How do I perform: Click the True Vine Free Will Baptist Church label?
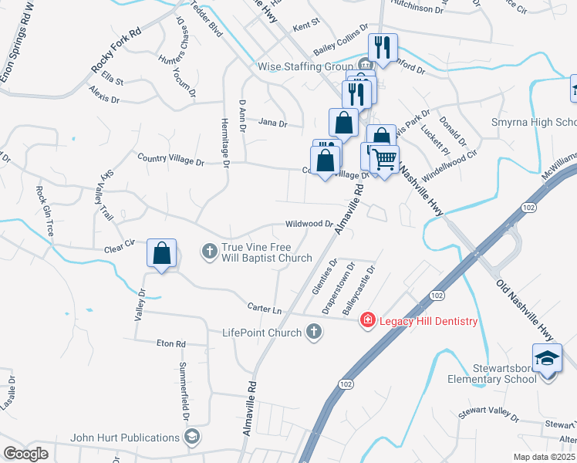click(x=267, y=252)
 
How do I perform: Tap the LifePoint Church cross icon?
click(x=313, y=332)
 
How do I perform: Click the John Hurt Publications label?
click(x=125, y=438)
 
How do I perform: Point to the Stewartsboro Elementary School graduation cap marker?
click(x=548, y=360)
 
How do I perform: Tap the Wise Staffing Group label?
click(x=305, y=66)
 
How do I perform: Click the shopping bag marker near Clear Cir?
click(x=162, y=253)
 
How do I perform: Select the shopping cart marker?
click(x=384, y=159)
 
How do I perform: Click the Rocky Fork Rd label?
click(x=116, y=53)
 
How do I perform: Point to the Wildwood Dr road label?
click(x=309, y=223)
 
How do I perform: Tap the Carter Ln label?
click(x=264, y=308)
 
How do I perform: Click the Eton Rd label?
click(x=171, y=343)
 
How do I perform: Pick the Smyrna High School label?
click(x=534, y=123)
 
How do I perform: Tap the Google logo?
click(x=25, y=453)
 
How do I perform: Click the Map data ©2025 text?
click(x=544, y=457)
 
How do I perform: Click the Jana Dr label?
click(x=272, y=123)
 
